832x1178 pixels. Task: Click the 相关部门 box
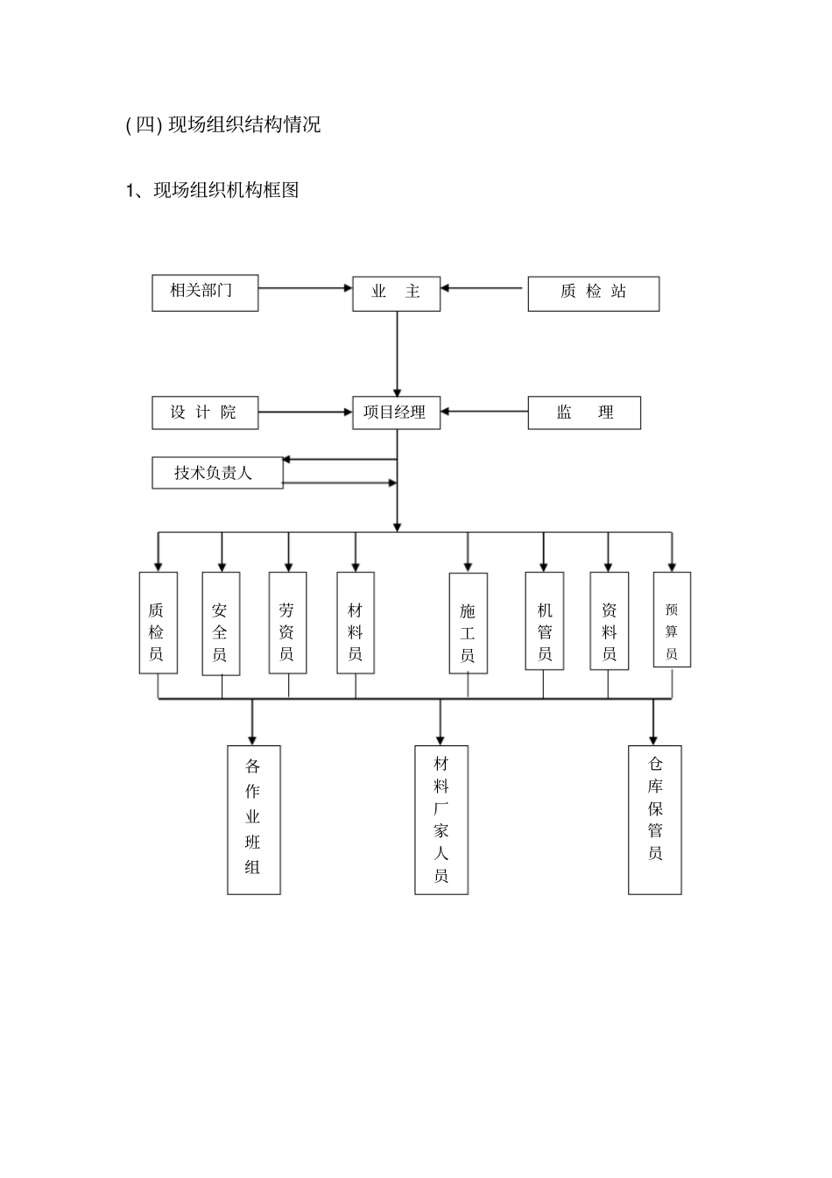pos(205,293)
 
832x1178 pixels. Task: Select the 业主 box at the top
pos(396,293)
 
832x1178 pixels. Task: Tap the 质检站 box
pos(593,293)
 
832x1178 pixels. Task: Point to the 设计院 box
pos(205,413)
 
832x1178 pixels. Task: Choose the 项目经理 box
pos(396,413)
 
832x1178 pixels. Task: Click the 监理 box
pos(584,413)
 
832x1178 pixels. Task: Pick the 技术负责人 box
pos(216,473)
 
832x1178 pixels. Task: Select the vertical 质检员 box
pos(158,623)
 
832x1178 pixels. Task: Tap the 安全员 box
pos(221,624)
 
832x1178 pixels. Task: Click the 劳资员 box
pos(287,623)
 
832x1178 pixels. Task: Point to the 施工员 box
pos(468,624)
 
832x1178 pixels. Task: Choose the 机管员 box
pos(544,621)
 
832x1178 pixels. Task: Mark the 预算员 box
pos(672,620)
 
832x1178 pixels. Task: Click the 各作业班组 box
pos(254,820)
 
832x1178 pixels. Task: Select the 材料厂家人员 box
pos(441,820)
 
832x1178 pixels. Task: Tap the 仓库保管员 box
pos(654,820)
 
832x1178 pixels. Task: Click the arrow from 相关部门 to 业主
pos(305,287)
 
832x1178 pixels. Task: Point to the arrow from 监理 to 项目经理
pos(484,412)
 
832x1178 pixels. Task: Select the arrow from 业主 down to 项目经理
pos(397,354)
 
